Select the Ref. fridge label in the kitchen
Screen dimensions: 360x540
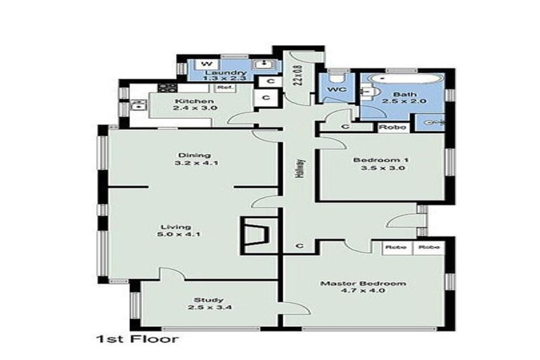(224, 88)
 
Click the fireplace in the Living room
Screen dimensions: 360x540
(255, 233)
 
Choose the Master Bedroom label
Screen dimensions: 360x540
(363, 288)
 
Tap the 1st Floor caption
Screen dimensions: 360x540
(136, 339)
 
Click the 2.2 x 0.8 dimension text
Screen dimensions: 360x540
(298, 75)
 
